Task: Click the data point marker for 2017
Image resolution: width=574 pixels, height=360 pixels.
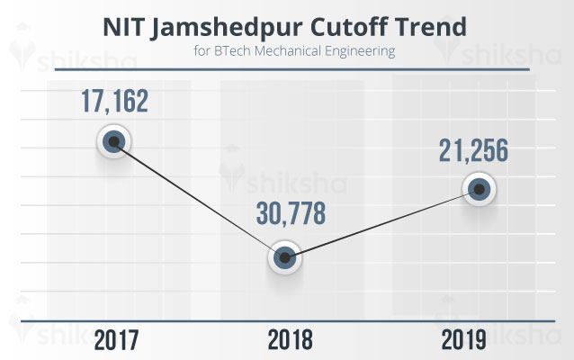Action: tap(113, 141)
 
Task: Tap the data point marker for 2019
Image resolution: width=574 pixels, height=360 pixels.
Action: tap(480, 189)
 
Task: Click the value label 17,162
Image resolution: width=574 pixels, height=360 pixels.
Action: tap(113, 99)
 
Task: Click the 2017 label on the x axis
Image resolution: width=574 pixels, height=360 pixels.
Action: tap(114, 339)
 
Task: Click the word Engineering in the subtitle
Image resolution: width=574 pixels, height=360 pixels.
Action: tap(361, 52)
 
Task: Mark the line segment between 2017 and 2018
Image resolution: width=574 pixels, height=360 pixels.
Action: tap(200, 200)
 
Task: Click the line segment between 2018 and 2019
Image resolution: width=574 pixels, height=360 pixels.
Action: tap(383, 224)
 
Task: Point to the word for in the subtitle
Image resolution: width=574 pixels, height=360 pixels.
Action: tap(202, 51)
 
